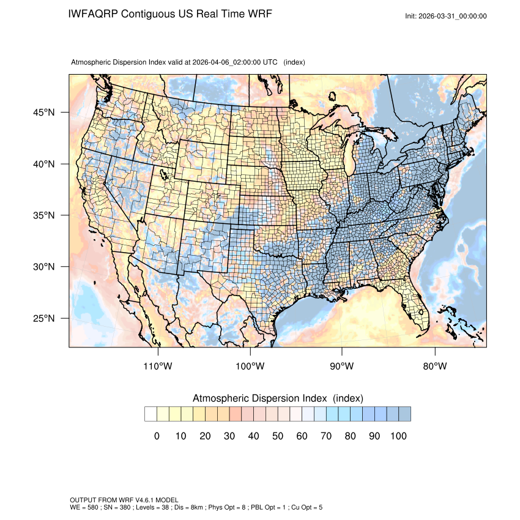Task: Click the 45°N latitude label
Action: [43, 113]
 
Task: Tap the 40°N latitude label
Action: [43, 164]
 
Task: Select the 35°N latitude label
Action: [43, 215]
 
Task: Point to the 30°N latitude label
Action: [43, 267]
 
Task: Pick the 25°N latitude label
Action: [43, 318]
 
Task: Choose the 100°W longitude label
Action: [250, 366]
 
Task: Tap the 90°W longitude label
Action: [342, 366]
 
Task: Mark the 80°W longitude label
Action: [434, 366]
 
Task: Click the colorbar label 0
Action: [157, 436]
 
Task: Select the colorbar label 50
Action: [278, 436]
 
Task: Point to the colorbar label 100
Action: [398, 436]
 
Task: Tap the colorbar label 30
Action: [229, 436]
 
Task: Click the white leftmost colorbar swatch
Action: [150, 414]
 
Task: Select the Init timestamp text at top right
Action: [446, 16]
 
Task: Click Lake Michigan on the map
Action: [348, 157]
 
